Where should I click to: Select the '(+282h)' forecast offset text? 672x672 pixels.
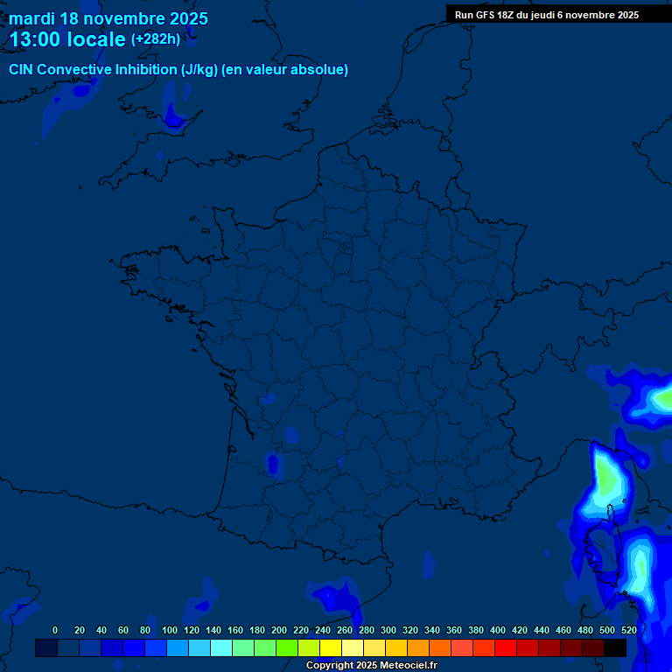tap(155, 39)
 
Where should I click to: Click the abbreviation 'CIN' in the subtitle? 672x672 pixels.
tap(22, 70)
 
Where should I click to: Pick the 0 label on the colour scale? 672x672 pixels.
tap(55, 630)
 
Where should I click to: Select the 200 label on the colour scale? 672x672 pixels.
tap(279, 630)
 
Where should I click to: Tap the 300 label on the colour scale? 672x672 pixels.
tap(388, 630)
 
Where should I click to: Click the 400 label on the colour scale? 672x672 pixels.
tap(498, 630)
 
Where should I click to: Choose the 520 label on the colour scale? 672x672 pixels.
tap(628, 630)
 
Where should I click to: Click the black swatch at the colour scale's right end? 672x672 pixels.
tap(615, 648)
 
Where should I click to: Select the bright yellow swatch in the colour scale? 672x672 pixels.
tap(331, 648)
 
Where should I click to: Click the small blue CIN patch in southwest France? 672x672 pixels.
tap(273, 464)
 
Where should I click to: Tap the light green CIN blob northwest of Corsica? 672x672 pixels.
tap(606, 477)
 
